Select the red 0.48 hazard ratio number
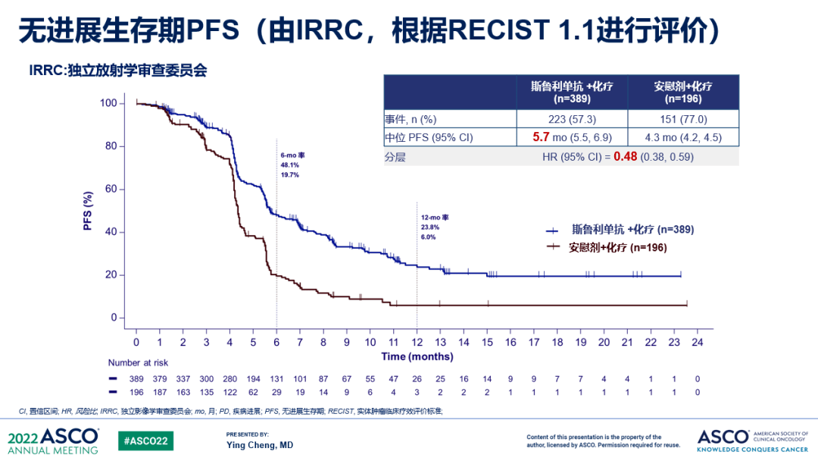click(x=626, y=157)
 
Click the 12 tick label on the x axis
click(x=417, y=343)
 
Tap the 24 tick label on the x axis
click(x=697, y=343)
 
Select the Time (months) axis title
click(x=417, y=356)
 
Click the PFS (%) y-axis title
click(x=89, y=211)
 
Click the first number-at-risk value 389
click(x=137, y=378)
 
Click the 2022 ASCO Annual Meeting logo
click(x=53, y=441)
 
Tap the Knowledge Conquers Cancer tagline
click(x=754, y=450)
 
